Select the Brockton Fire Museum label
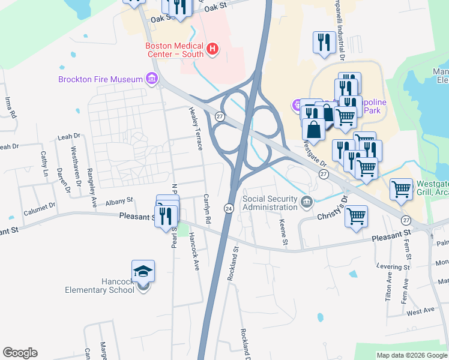point(100,79)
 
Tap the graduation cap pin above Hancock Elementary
point(143,271)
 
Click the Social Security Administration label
point(270,203)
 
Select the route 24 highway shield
point(228,208)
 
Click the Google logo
point(20,353)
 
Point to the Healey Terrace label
point(193,122)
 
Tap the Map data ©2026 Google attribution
point(412,355)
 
